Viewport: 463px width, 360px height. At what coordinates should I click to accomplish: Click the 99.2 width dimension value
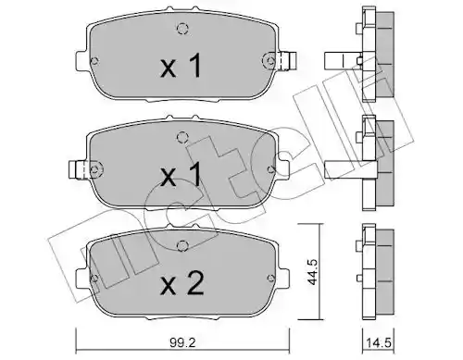point(182,343)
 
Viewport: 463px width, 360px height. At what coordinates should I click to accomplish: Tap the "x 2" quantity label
point(182,282)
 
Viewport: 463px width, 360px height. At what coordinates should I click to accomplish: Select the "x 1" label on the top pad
point(181,65)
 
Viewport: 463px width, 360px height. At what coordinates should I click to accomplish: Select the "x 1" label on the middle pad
point(181,175)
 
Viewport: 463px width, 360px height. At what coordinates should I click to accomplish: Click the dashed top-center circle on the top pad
point(182,29)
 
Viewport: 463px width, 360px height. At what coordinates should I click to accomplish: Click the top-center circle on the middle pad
point(182,137)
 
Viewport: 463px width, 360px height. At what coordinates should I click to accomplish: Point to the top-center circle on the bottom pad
point(182,246)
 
